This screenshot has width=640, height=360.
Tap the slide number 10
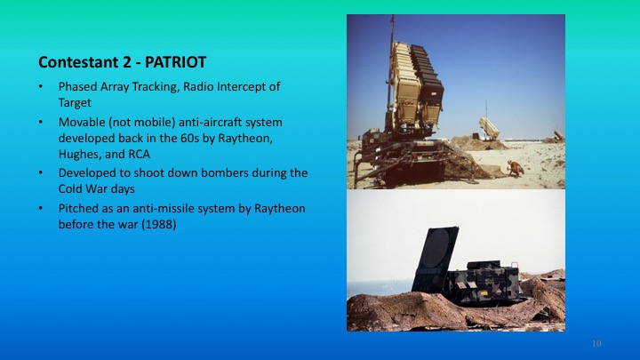596,343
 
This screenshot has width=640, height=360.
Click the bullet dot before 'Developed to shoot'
42,173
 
